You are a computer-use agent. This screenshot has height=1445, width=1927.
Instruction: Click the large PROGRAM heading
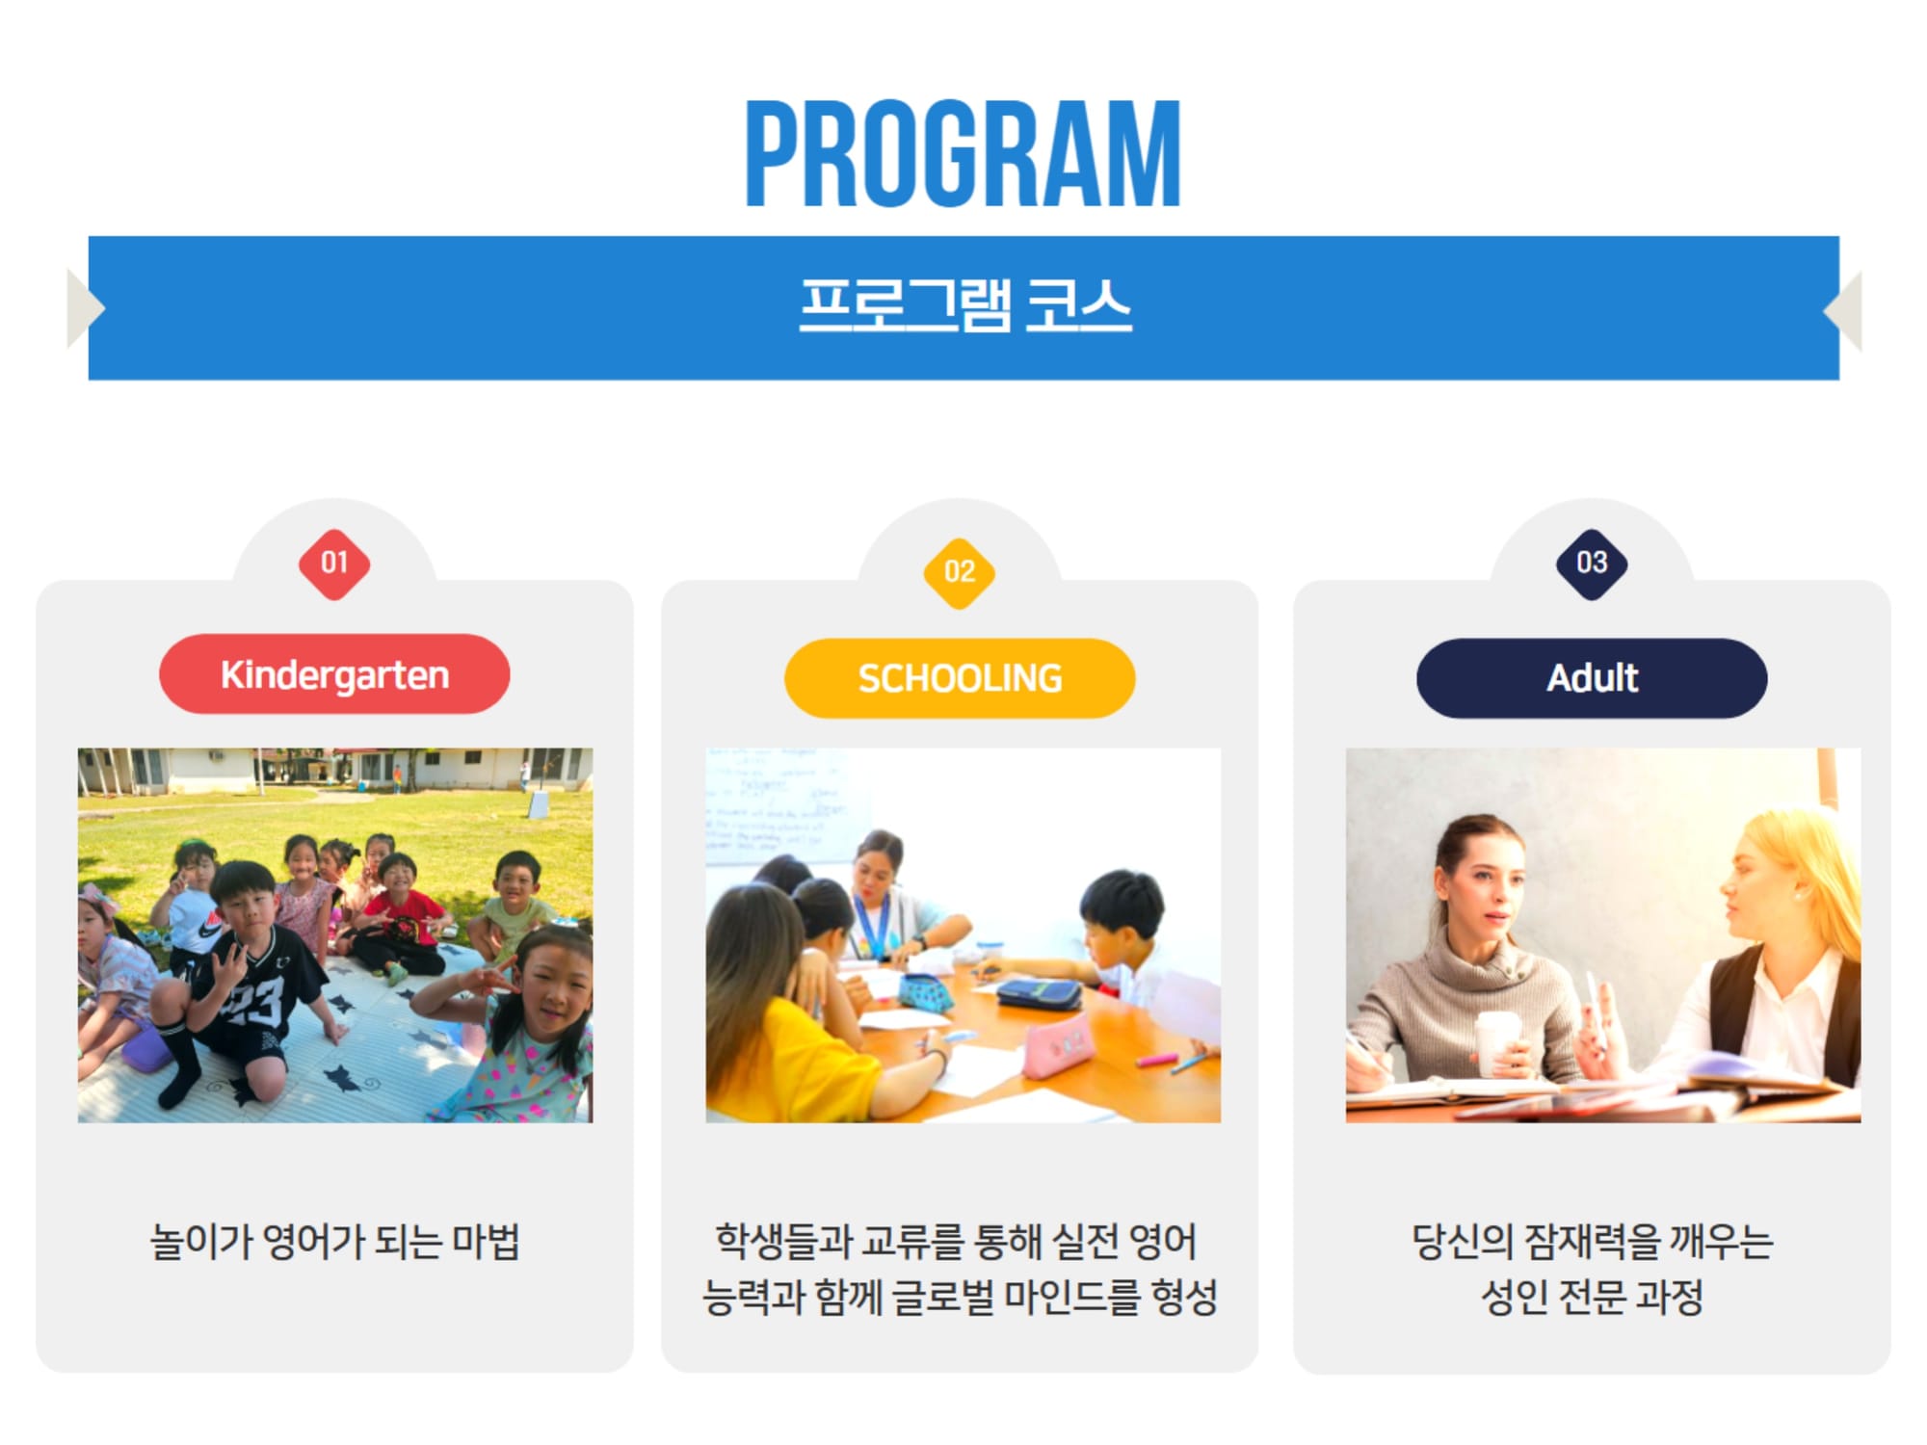[963, 153]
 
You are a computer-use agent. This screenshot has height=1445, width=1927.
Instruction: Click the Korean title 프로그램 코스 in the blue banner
[965, 305]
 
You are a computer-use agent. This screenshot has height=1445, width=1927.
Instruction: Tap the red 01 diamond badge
[334, 564]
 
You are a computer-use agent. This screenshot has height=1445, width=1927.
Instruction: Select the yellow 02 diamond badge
[960, 573]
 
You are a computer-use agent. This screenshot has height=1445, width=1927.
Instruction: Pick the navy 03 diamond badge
[1592, 564]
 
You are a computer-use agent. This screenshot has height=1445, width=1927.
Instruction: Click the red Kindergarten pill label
[334, 674]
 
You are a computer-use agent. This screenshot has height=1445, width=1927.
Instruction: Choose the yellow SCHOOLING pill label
[960, 678]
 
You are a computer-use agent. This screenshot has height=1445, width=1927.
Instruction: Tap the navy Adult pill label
[1592, 678]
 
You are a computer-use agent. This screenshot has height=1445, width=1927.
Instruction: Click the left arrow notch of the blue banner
[86, 308]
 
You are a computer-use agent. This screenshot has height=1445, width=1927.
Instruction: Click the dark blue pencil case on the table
[1039, 993]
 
